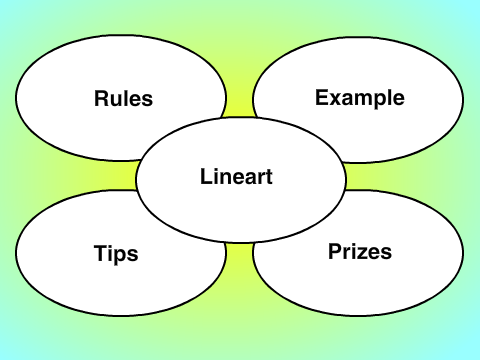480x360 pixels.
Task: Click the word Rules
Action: coord(123,98)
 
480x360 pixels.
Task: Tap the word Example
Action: coord(360,98)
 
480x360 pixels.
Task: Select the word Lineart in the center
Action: coord(236,176)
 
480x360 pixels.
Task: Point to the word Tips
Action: coord(116,254)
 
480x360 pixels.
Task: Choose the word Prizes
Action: coord(360,251)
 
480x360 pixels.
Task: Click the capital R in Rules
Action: coord(102,98)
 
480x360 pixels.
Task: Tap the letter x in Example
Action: coord(336,100)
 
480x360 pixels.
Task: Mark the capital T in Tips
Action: coord(101,253)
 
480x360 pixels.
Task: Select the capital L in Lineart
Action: coord(206,176)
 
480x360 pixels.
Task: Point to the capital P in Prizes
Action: coord(336,251)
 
